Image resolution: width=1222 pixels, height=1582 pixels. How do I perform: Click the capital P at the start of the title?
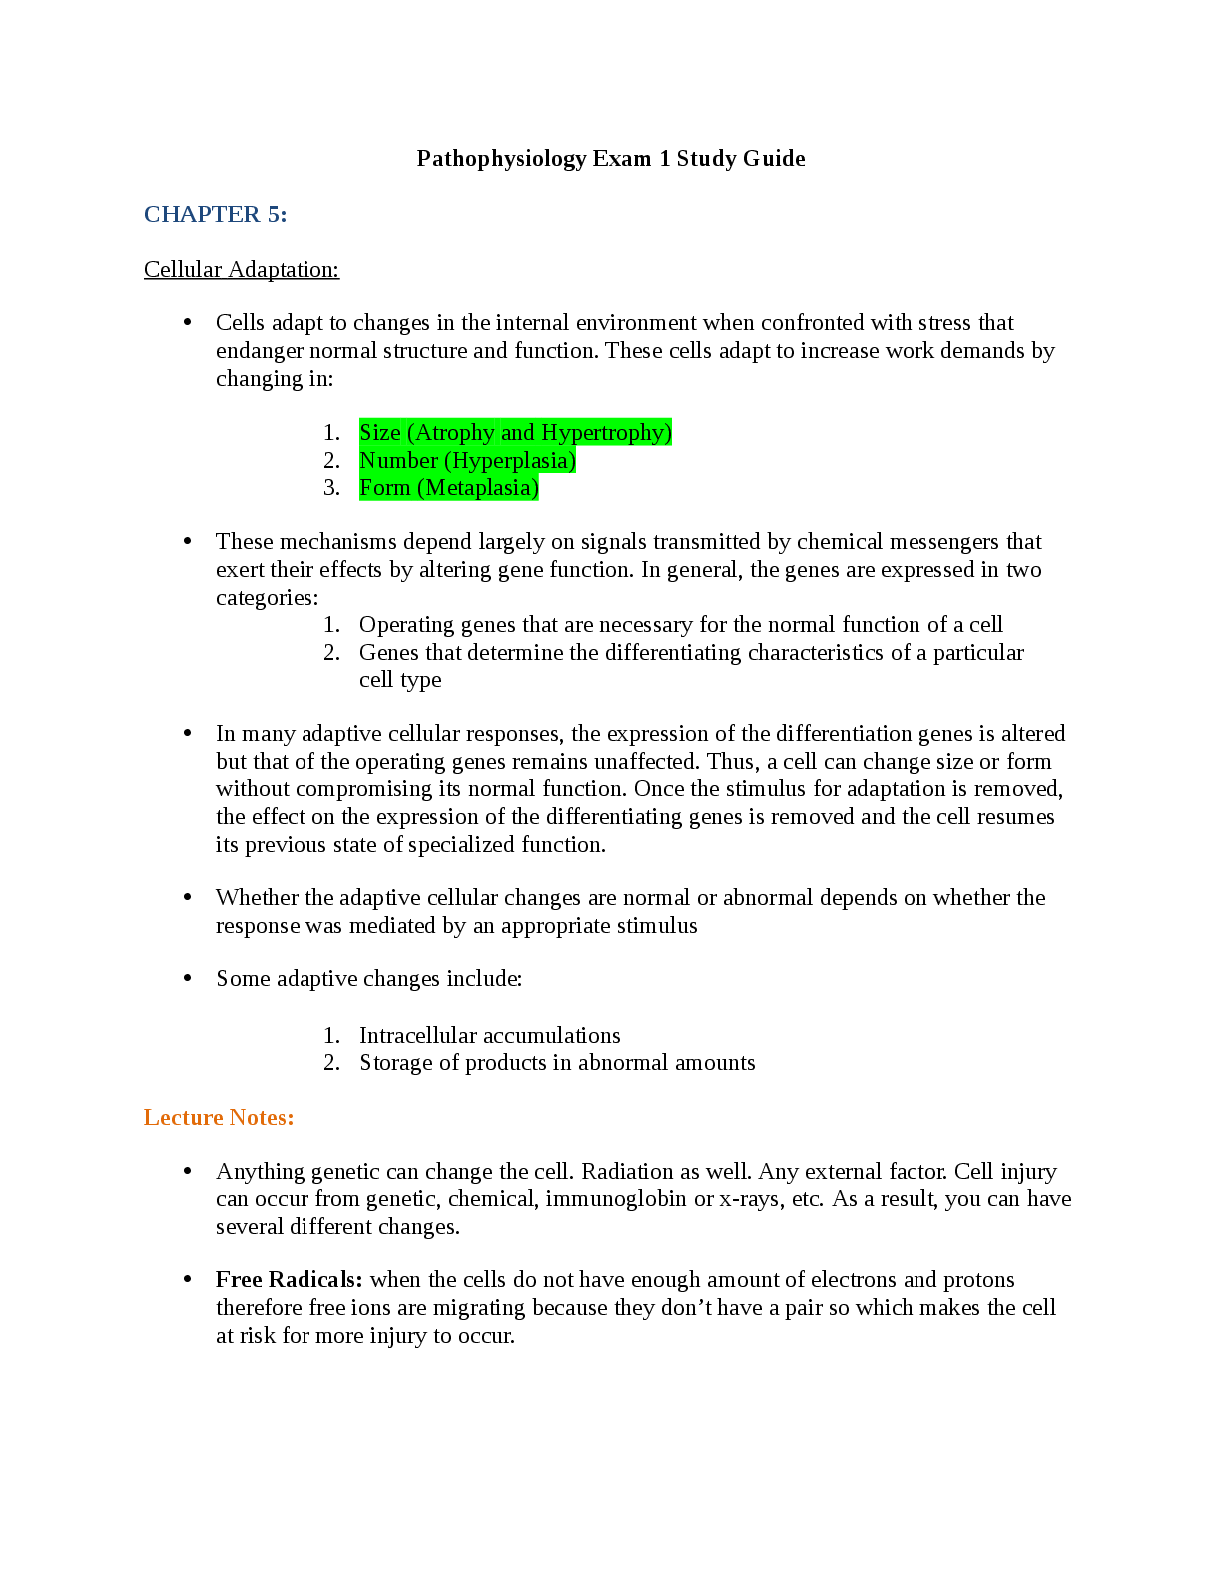point(423,158)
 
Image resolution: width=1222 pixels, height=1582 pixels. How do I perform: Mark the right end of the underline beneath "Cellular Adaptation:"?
point(339,280)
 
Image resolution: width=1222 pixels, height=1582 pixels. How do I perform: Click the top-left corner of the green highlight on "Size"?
point(359,418)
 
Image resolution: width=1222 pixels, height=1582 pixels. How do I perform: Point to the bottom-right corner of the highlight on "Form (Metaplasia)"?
point(539,501)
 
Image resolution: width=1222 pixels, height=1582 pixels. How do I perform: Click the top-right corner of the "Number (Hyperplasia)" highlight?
point(576,447)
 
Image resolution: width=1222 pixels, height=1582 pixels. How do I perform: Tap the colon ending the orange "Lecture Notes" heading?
point(291,1119)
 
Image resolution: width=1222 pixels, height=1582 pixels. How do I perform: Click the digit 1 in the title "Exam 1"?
point(665,158)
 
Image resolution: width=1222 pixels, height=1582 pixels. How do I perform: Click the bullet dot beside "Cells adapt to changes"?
point(187,322)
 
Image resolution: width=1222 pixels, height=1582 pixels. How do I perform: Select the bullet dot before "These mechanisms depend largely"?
point(187,541)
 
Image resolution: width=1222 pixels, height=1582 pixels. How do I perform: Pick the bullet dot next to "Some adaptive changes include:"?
point(187,978)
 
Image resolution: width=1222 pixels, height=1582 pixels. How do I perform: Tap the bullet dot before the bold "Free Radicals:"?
point(187,1279)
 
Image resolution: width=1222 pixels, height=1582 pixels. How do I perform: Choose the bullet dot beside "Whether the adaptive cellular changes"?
point(187,897)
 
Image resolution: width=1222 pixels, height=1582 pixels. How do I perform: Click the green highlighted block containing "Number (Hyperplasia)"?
point(468,460)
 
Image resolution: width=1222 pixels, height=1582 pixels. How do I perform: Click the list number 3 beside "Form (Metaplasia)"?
point(331,487)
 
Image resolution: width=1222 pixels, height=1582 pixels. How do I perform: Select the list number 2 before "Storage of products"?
point(331,1063)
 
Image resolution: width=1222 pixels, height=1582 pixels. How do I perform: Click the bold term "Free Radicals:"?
point(289,1279)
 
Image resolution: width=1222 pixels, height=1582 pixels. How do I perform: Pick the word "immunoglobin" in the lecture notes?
point(616,1199)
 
